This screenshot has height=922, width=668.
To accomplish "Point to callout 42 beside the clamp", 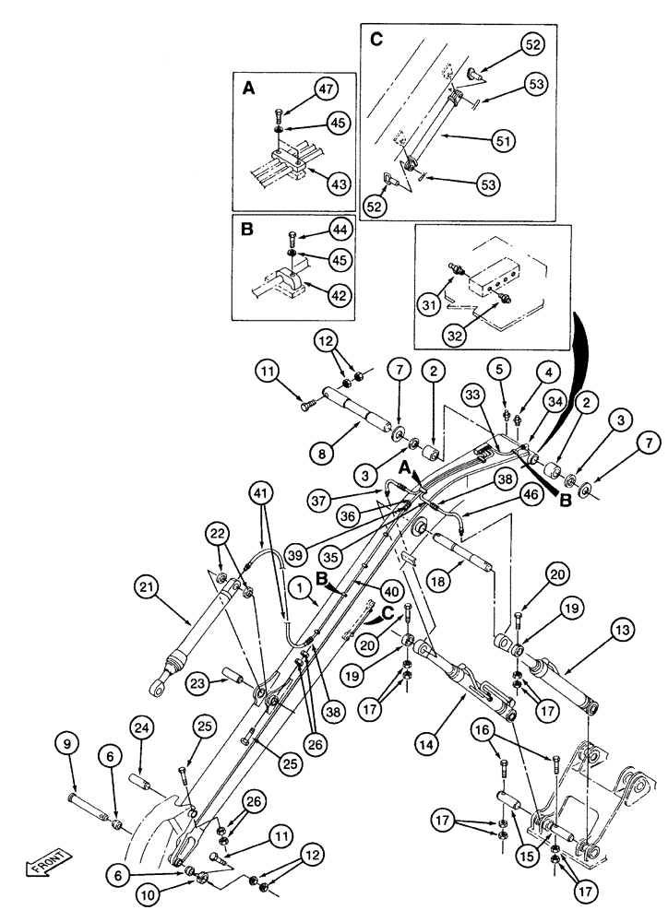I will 341,297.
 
